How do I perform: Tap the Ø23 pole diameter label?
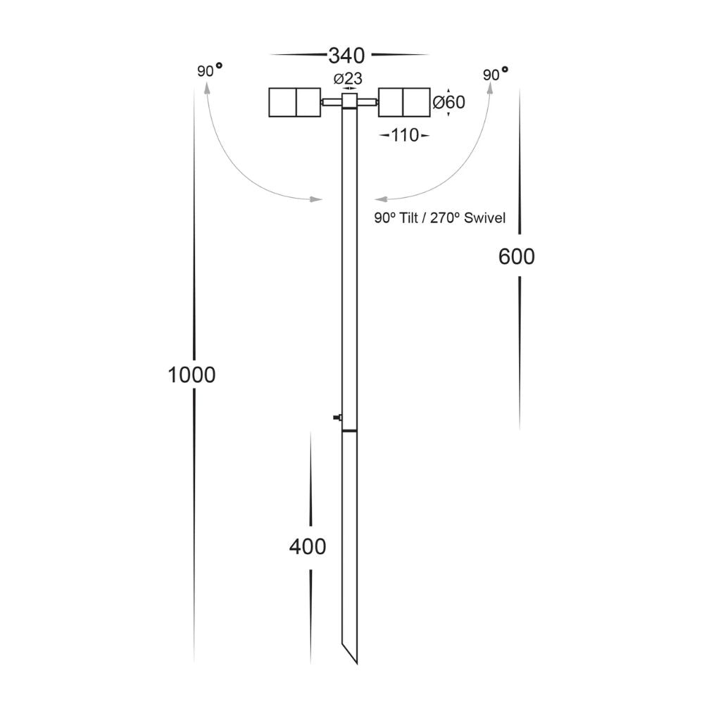pos(349,77)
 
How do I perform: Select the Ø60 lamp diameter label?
pos(448,103)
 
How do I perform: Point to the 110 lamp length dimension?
pos(404,135)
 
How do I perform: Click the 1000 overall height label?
pos(191,375)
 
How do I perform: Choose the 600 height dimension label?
pos(516,257)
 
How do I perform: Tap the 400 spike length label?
pos(308,546)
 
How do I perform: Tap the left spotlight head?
pos(295,102)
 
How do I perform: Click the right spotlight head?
pos(404,102)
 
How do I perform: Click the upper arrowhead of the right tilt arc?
pos(490,87)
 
